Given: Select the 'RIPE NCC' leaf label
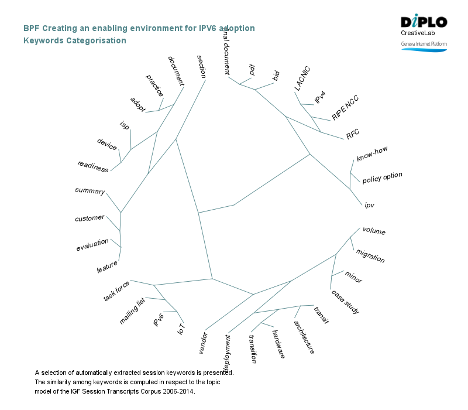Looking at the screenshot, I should [345, 107].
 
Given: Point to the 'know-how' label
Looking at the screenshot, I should [372, 154].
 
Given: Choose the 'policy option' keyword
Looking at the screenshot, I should [383, 177].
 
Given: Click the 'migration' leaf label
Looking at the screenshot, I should [370, 256].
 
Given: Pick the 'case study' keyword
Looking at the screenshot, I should [345, 302].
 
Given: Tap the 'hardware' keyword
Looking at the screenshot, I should [278, 344].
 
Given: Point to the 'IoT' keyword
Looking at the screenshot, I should [181, 329].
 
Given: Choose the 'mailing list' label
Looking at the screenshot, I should [132, 311].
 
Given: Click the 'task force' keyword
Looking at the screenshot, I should [116, 291].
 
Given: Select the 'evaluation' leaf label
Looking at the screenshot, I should [92, 245].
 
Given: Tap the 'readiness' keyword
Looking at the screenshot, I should [93, 166].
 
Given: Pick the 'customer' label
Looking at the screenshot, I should [90, 218].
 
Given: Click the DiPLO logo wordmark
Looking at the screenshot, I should [424, 22].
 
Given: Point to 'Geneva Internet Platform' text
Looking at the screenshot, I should [424, 44].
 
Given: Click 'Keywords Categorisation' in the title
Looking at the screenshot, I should [75, 40].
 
